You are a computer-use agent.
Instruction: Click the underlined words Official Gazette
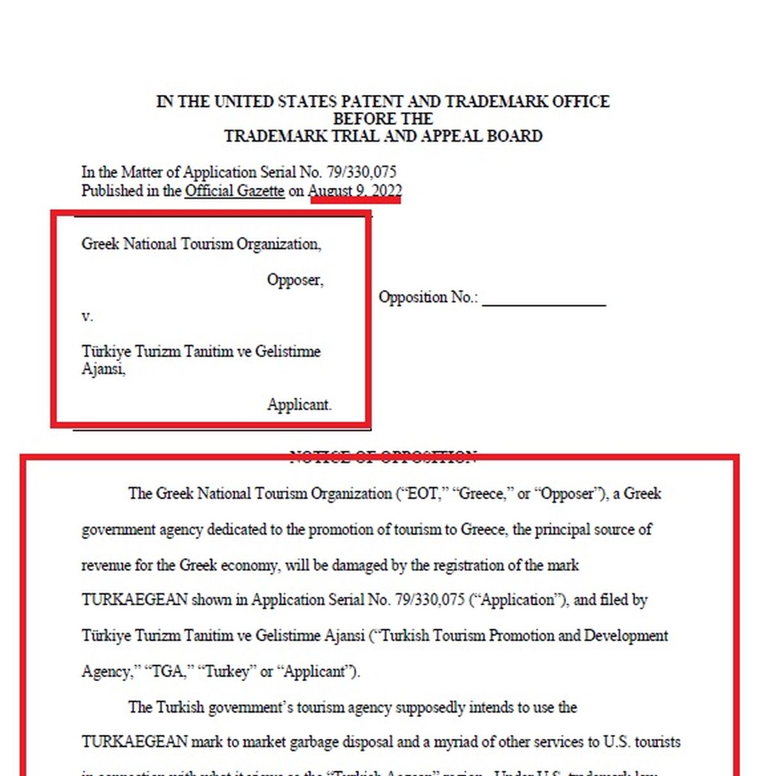234,191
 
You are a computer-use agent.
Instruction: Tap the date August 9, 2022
355,191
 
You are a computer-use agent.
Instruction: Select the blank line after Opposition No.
543,299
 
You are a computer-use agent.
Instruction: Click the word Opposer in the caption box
295,280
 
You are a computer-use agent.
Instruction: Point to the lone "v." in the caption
87,316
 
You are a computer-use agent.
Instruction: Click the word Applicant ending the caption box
298,405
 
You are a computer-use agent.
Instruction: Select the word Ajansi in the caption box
103,369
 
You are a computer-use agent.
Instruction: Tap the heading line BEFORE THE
382,119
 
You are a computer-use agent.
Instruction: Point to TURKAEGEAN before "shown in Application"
134,600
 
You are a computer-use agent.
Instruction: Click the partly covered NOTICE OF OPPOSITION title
382,457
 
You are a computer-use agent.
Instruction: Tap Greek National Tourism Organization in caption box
201,244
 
